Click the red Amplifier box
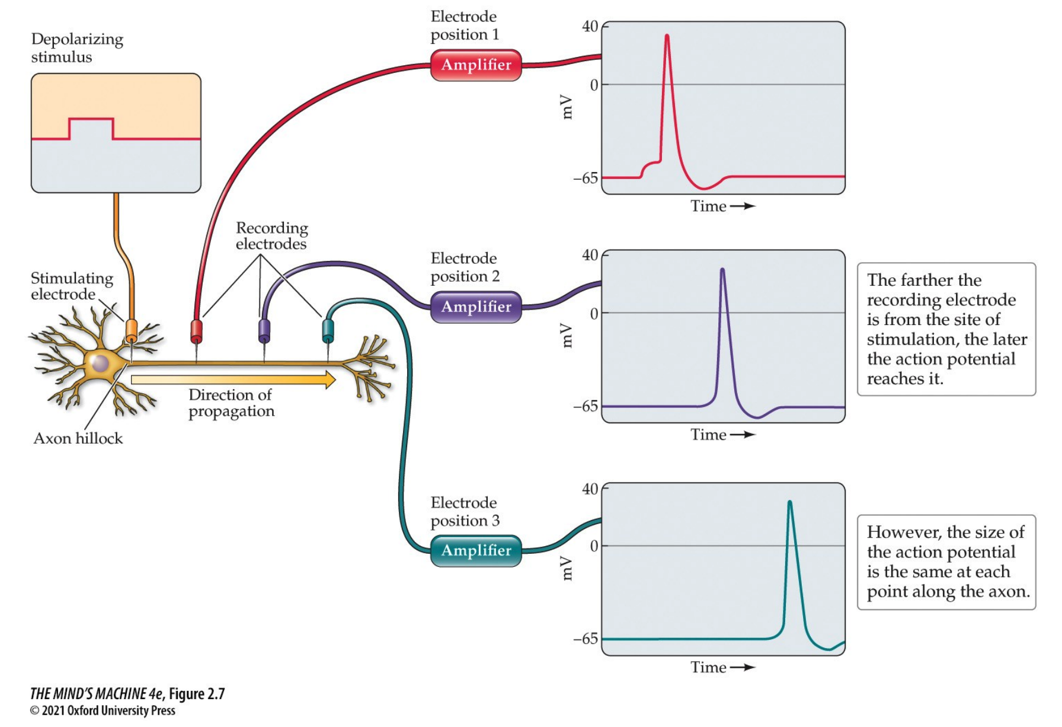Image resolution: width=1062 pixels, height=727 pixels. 476,65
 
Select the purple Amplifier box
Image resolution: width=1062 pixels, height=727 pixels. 476,307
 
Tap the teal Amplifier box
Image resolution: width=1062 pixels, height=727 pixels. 476,550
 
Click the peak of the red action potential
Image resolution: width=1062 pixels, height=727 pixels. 667,36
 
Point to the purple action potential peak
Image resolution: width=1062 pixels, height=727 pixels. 722,270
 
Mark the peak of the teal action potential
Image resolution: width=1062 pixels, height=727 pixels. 789,502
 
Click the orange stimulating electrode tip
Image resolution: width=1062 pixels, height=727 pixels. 131,331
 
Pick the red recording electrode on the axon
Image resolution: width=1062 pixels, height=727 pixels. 196,331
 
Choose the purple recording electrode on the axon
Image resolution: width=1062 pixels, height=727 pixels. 264,331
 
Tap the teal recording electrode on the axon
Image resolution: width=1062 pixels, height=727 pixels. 328,330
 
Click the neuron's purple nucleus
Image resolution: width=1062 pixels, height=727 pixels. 100,363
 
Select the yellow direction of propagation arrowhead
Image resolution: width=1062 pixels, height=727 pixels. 330,379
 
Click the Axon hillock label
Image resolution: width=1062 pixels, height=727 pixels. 78,438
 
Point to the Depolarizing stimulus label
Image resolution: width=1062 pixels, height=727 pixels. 77,48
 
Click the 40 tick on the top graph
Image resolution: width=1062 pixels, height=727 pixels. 590,26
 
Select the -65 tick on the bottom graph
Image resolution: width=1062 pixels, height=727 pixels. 586,639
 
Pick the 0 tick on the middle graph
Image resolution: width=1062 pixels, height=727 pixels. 594,313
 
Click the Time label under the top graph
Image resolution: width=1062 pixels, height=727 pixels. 708,206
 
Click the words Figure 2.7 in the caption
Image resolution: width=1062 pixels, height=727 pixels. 197,694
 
